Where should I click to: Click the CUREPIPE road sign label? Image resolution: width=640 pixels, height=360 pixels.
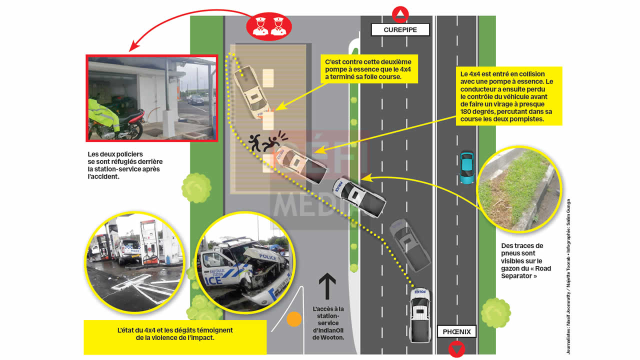coord(400,29)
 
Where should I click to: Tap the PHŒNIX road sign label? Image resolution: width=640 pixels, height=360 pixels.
coord(456,331)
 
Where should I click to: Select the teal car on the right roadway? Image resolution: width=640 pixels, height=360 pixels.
coord(466,167)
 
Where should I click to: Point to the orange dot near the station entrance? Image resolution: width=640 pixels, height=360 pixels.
coord(294,319)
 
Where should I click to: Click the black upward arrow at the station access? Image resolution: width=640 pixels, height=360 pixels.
coord(327,286)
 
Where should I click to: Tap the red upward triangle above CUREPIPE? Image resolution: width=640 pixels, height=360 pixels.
coord(400,13)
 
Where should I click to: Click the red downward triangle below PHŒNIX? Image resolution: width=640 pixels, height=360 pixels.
coord(456,348)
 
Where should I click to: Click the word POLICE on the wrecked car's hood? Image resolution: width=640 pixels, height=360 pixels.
coord(267,257)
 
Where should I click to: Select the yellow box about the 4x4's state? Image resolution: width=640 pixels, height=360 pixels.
coord(175,334)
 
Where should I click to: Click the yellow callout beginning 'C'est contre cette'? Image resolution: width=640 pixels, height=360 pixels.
coord(369,69)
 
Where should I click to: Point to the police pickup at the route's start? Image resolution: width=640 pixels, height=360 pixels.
coord(419,315)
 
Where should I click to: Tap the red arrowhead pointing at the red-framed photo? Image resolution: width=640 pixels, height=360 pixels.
coord(132,47)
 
